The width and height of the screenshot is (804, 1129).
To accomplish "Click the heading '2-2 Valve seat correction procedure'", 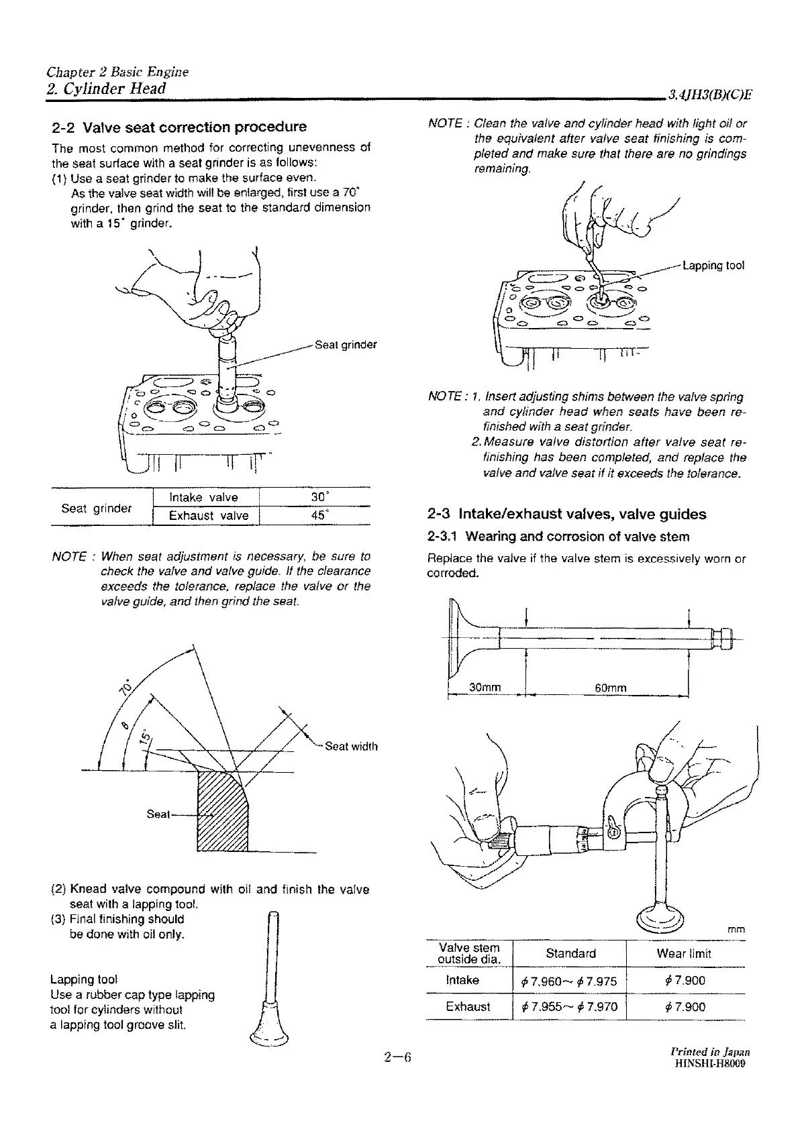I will coord(179,127).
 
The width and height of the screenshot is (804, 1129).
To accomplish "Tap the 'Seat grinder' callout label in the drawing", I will coord(346,345).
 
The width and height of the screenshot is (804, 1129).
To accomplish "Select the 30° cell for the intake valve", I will coord(314,497).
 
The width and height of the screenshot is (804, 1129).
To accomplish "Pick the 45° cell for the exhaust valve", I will coord(314,515).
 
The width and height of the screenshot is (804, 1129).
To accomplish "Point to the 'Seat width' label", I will coord(351,746).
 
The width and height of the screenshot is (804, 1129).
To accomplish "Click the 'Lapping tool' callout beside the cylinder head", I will coord(713,265).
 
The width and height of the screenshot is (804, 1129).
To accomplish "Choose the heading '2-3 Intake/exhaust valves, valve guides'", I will coord(566,514).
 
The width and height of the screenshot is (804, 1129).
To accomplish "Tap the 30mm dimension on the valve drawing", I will coord(485,688).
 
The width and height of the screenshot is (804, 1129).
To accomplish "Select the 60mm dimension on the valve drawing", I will coord(610,688).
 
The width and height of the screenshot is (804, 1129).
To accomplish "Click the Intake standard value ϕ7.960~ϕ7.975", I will coord(568,981).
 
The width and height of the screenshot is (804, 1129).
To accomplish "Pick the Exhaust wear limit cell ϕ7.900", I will coord(685,1007).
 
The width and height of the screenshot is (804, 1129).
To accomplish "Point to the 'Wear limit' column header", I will coord(684,953).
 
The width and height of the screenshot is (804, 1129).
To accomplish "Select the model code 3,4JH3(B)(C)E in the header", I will coord(709,95).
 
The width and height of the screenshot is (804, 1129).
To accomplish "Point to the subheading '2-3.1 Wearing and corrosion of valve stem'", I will coord(558,537).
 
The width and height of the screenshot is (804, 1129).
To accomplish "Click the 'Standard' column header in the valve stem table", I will coord(570,953).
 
